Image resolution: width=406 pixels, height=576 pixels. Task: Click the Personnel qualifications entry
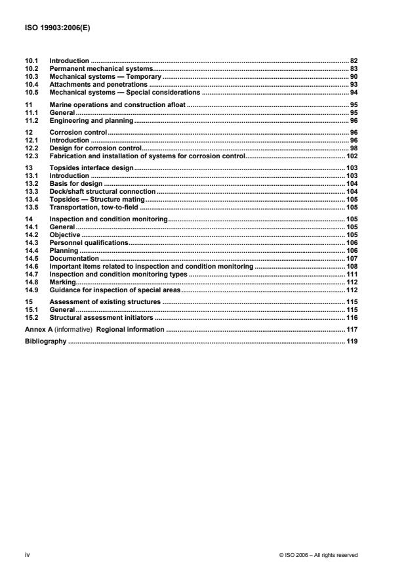pyautogui.click(x=89, y=242)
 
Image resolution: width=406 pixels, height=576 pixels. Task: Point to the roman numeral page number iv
pyautogui.click(x=28, y=555)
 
